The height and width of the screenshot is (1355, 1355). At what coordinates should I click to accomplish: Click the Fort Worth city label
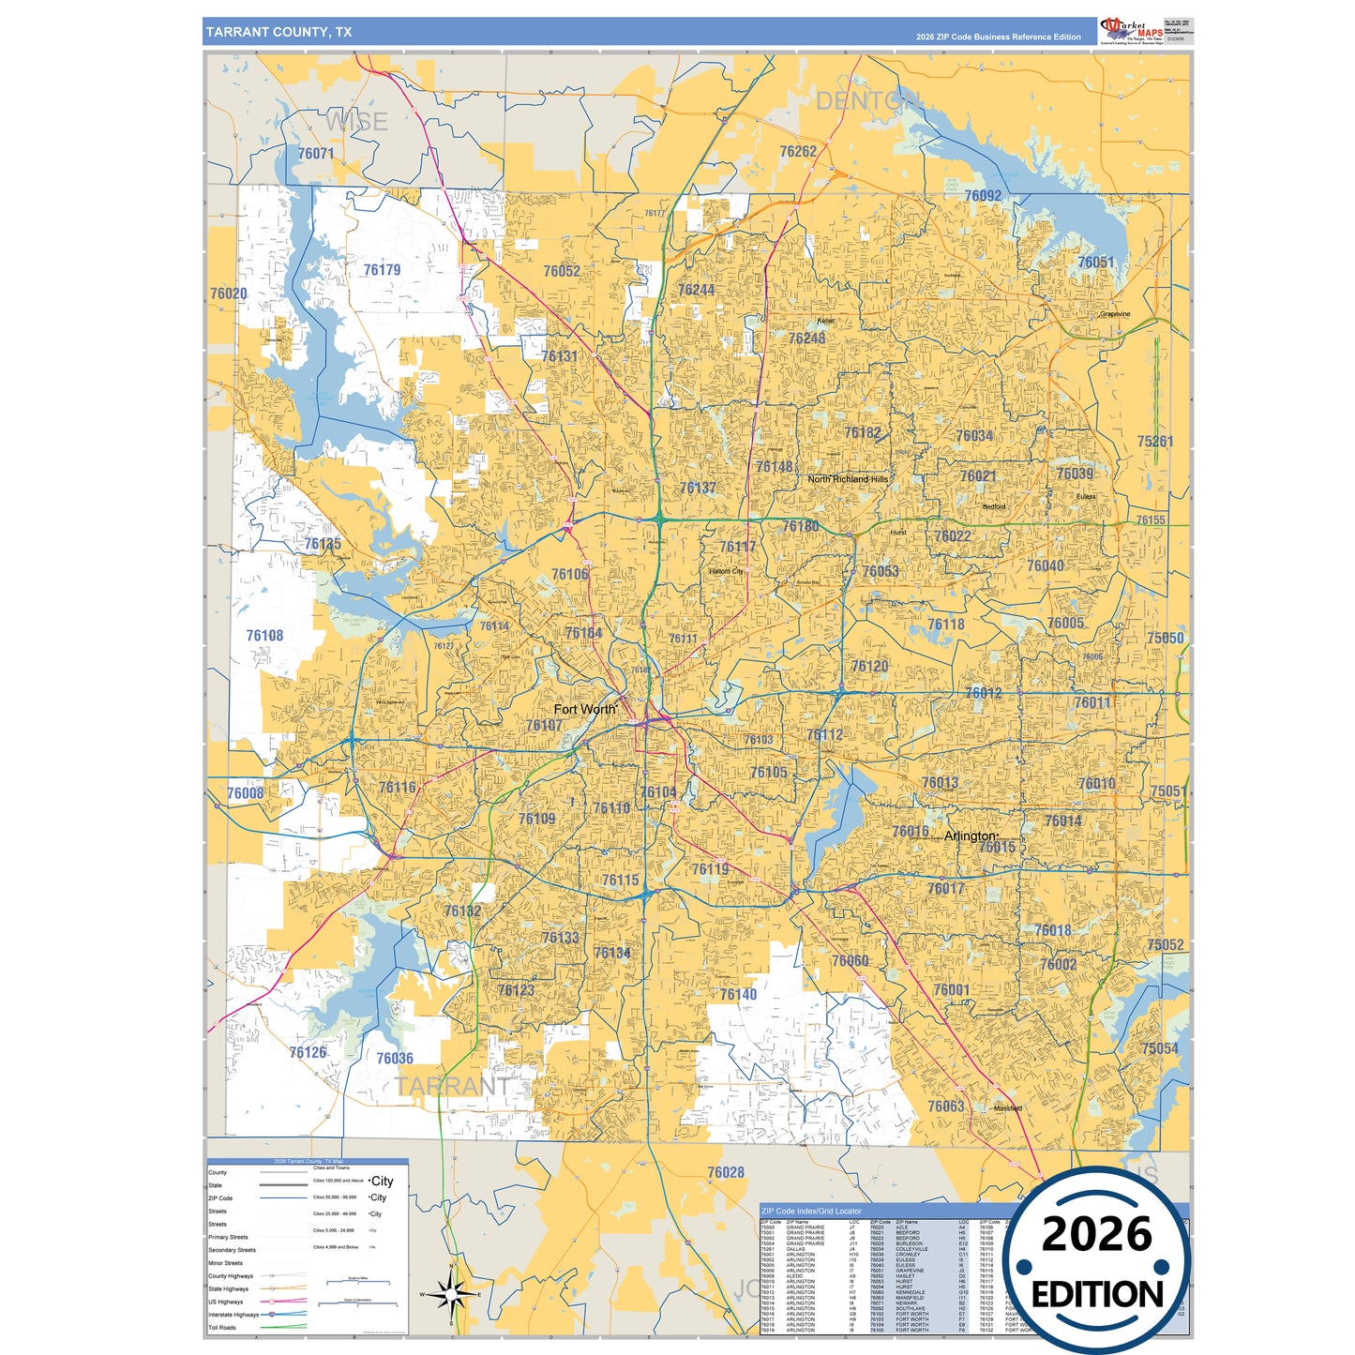click(584, 709)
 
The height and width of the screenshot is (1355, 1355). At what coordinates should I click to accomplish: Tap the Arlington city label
click(970, 836)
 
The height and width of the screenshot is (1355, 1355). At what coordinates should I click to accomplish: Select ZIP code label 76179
click(382, 270)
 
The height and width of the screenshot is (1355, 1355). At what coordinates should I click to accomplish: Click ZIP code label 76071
click(316, 153)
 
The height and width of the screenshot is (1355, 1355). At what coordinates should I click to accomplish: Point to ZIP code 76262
click(798, 151)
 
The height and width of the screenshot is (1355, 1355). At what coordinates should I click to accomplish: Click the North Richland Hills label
click(848, 479)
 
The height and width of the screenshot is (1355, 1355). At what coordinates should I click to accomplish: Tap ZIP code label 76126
click(308, 1052)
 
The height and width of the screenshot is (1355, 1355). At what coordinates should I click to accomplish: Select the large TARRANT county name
click(452, 1086)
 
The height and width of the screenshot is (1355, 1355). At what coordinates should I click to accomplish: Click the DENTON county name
click(866, 101)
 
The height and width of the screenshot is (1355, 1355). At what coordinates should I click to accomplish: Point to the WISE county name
click(356, 122)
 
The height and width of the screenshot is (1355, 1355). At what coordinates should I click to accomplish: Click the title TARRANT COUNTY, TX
click(279, 32)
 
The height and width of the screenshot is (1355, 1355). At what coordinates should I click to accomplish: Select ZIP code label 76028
click(726, 1172)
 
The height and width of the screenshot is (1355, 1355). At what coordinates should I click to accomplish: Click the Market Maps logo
click(1132, 30)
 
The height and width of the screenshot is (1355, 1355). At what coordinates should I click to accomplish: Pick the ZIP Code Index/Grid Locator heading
click(811, 1211)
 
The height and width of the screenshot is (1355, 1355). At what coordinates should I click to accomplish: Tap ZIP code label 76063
click(946, 1106)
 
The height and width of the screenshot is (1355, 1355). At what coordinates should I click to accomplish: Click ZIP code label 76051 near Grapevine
click(1095, 263)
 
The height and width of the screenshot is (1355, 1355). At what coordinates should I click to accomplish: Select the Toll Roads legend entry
click(222, 1327)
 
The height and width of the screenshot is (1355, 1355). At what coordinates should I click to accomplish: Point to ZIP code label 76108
click(264, 636)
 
